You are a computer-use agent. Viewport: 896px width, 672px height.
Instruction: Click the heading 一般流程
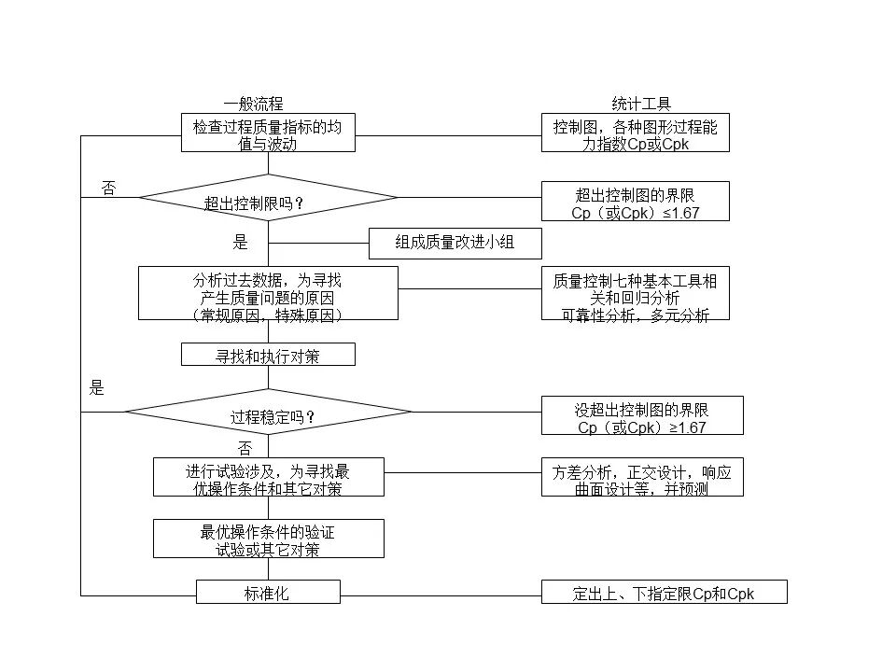click(x=253, y=104)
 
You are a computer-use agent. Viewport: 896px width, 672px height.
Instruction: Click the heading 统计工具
click(x=641, y=104)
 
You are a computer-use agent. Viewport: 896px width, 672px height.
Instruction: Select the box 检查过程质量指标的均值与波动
click(x=268, y=133)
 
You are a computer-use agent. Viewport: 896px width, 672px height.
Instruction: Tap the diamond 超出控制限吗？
click(x=268, y=198)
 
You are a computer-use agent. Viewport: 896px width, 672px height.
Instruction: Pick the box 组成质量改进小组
click(x=455, y=244)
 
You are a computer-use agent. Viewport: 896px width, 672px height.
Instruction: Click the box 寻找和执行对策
click(x=268, y=355)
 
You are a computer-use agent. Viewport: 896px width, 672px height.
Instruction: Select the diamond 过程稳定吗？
click(x=268, y=412)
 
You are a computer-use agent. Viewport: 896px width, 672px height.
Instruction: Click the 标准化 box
click(x=268, y=592)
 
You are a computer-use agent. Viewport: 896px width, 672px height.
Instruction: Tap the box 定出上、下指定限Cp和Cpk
click(x=664, y=592)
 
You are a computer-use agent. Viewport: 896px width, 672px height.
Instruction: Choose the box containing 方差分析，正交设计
click(x=642, y=477)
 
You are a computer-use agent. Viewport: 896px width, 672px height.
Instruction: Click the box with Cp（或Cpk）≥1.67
click(x=642, y=415)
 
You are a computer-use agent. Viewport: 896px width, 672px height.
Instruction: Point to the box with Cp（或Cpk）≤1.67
click(x=636, y=202)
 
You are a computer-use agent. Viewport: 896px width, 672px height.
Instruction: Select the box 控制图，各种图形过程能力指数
click(x=636, y=133)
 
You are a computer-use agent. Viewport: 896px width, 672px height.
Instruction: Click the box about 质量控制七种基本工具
click(x=636, y=293)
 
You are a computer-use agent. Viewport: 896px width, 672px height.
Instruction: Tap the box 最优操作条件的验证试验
click(x=269, y=539)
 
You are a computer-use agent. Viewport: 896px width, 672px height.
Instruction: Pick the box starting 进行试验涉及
click(x=269, y=477)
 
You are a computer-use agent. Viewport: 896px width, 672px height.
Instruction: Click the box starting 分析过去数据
click(x=268, y=293)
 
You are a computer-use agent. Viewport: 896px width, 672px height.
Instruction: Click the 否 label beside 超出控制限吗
click(x=108, y=189)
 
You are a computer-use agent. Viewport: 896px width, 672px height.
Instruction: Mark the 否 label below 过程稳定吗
click(x=245, y=447)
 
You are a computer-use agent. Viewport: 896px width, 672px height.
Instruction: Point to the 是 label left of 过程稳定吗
click(x=96, y=388)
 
